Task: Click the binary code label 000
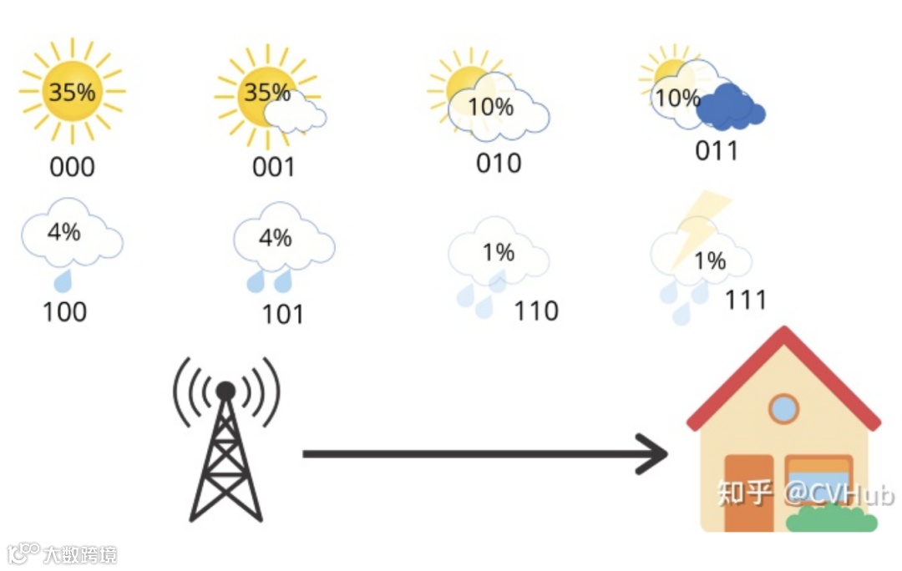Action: (x=73, y=167)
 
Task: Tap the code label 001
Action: (x=274, y=167)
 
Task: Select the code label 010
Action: (x=499, y=163)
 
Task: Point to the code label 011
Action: (x=717, y=151)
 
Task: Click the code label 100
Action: (x=64, y=311)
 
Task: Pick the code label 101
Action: (x=283, y=315)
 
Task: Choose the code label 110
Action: (x=536, y=311)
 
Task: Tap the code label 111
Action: (x=745, y=300)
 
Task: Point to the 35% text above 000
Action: (x=72, y=92)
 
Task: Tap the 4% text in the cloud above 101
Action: (x=276, y=238)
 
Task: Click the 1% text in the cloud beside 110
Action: (x=499, y=252)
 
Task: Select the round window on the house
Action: (x=783, y=408)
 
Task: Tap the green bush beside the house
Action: (x=831, y=519)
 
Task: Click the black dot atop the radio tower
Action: (x=225, y=390)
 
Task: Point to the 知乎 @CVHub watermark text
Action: (x=805, y=493)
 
